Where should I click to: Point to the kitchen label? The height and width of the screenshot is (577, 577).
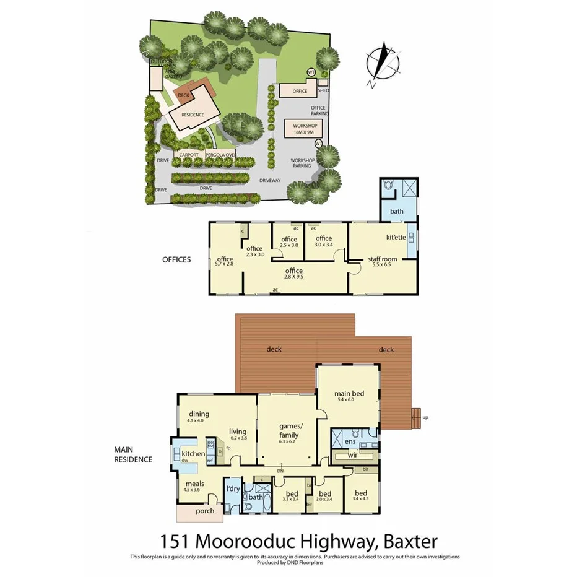(193, 454)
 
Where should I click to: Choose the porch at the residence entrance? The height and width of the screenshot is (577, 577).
(205, 511)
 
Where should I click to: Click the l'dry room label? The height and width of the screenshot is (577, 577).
(232, 489)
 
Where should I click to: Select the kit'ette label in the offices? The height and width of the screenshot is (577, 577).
(396, 238)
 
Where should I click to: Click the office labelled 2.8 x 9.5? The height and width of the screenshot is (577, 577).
(293, 271)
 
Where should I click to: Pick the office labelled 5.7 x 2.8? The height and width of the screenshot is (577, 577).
(225, 259)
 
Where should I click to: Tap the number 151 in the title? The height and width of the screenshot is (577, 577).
(175, 542)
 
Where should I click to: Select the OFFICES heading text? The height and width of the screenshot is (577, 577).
(176, 259)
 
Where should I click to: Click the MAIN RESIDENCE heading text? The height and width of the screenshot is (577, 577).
(132, 455)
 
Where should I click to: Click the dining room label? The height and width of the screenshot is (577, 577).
(199, 414)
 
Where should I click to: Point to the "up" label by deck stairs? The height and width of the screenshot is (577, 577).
(425, 417)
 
